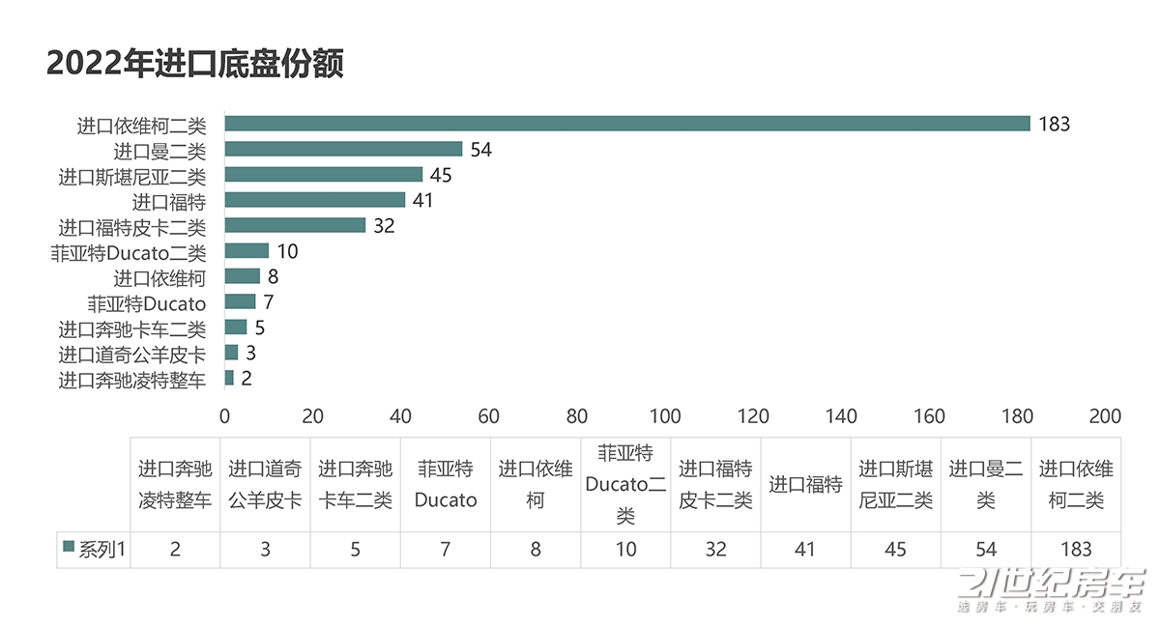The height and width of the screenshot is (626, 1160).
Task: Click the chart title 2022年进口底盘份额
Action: (x=195, y=64)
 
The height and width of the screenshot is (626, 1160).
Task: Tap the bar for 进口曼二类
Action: (x=343, y=149)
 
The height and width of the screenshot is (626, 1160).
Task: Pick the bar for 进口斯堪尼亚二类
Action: (x=324, y=175)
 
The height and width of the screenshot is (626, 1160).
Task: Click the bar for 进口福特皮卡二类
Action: (x=295, y=225)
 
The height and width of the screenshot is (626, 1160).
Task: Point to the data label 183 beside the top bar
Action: (x=1054, y=124)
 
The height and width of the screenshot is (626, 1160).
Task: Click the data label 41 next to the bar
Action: (x=421, y=200)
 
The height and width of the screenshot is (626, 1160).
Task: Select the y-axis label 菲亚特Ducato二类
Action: (x=129, y=252)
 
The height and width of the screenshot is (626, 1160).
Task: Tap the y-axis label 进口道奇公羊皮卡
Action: (x=132, y=354)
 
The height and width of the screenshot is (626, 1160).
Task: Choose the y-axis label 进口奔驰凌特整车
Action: (x=132, y=380)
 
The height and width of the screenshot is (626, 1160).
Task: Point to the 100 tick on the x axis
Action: (x=665, y=416)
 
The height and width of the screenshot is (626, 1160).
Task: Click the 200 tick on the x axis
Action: (x=1105, y=416)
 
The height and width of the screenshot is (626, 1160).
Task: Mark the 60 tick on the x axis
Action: (x=488, y=416)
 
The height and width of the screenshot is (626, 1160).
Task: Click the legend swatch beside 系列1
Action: (x=69, y=548)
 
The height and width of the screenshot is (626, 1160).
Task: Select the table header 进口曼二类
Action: (x=985, y=485)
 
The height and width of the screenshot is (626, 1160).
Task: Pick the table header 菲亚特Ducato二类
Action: (x=625, y=485)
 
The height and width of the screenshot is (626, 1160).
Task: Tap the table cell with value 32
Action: (x=715, y=550)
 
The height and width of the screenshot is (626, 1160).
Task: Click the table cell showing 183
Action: (x=1075, y=550)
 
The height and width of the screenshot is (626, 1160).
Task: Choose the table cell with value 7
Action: (x=446, y=550)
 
